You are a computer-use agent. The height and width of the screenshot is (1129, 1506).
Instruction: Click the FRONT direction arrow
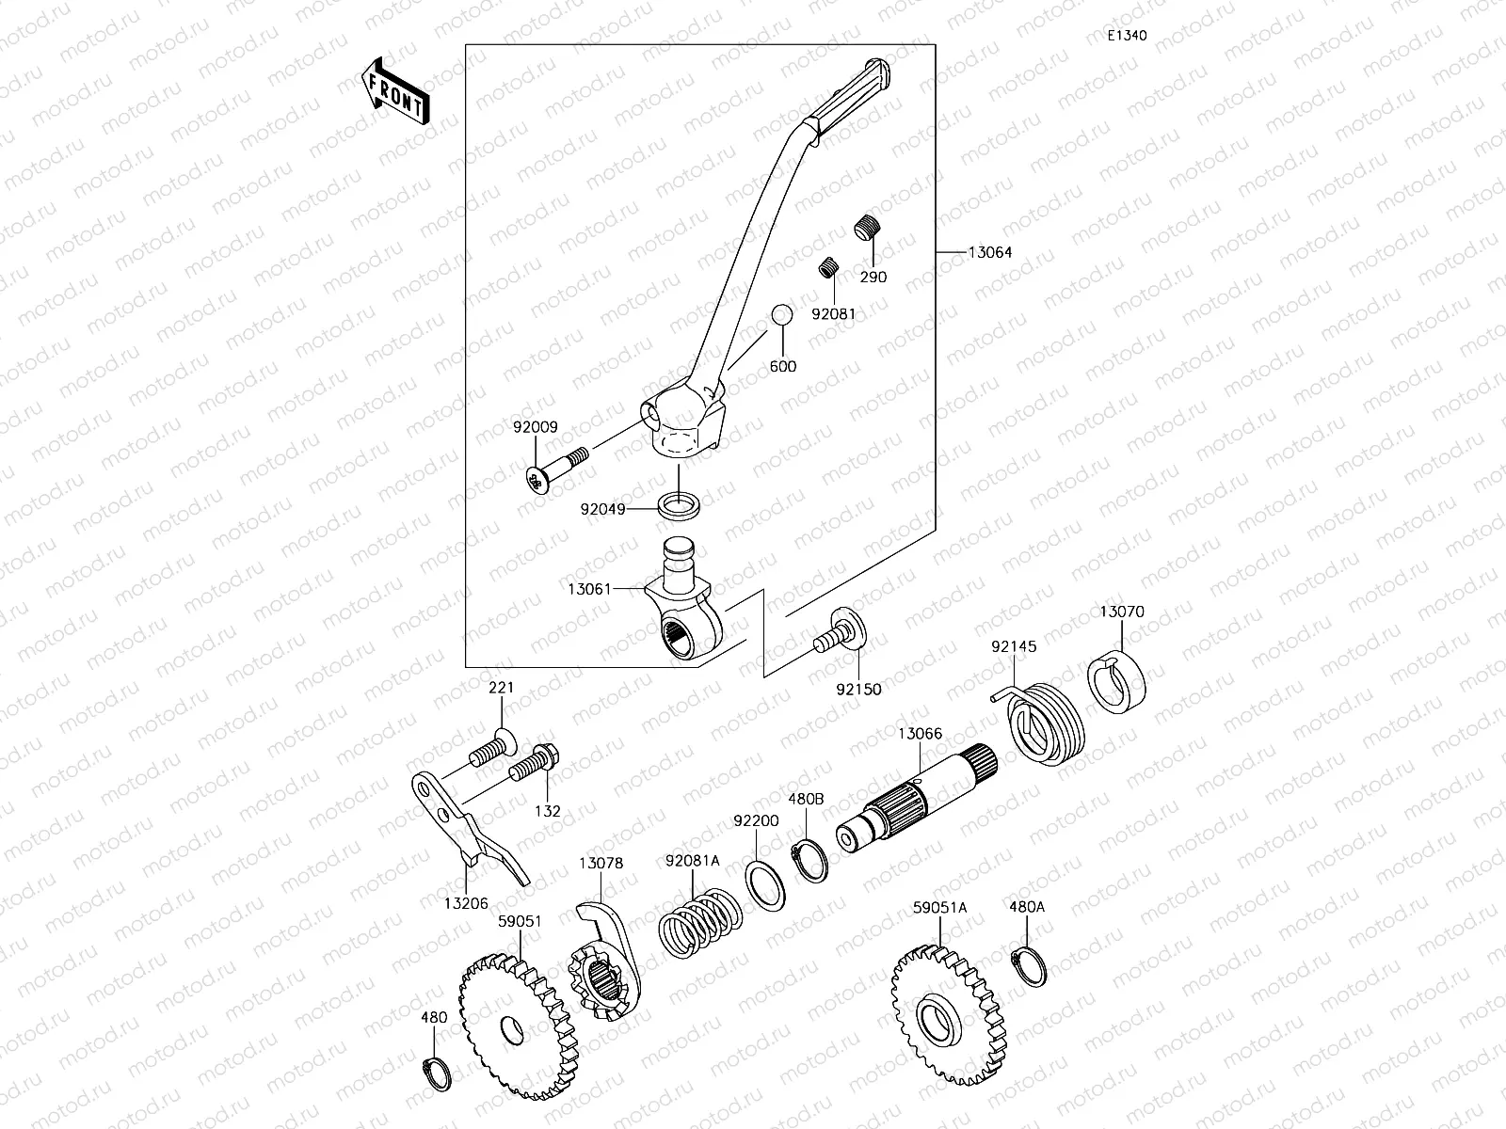394,91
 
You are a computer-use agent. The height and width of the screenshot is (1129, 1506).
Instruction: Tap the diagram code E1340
1127,36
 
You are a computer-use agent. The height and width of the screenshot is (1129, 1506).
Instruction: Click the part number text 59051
520,922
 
